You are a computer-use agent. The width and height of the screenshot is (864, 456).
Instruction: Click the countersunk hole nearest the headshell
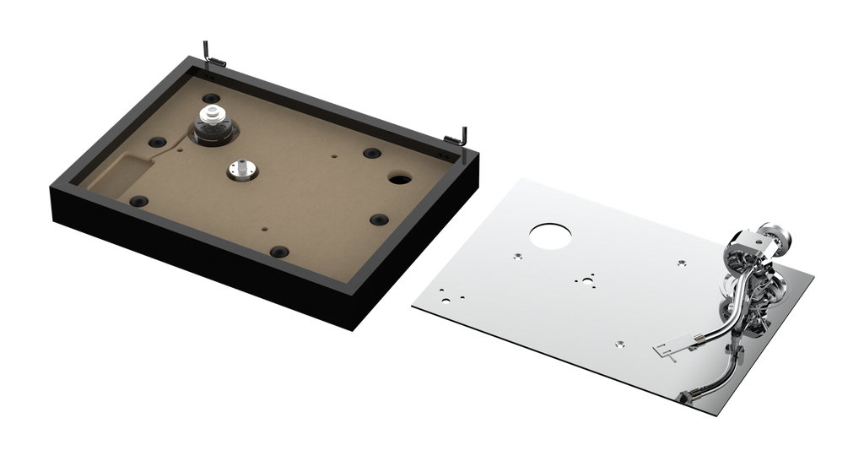click(x=618, y=342)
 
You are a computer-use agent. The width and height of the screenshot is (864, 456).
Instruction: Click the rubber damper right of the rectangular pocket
click(x=138, y=201)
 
